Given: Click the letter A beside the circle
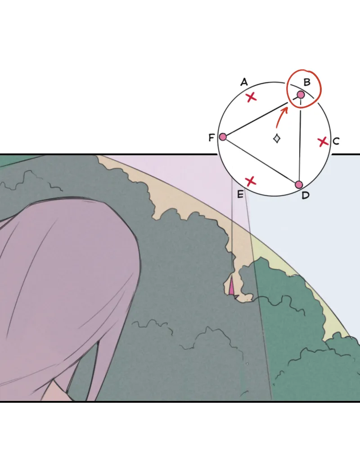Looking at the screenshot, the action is coord(244,82).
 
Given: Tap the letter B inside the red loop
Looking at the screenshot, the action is coord(307,82).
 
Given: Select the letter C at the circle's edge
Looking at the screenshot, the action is coord(336,141).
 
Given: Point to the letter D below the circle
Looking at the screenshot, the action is coord(306,195).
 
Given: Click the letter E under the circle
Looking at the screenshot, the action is coord(240,194).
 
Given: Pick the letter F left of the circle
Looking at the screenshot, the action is coord(211,138).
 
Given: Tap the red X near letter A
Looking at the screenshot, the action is coord(252,97).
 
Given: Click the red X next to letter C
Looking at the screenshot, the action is coord(323,142).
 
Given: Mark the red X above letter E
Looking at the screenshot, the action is coord(250,181).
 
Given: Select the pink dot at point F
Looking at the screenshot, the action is coord(223,137).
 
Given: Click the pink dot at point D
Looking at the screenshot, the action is coord(299,184).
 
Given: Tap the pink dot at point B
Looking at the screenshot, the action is coord(301,94).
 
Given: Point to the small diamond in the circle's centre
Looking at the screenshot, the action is coord(277,138).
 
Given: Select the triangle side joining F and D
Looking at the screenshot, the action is coord(261,161).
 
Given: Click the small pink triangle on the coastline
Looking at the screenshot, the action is coord(231,287).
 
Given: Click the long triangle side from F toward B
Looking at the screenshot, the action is coord(256,120).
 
